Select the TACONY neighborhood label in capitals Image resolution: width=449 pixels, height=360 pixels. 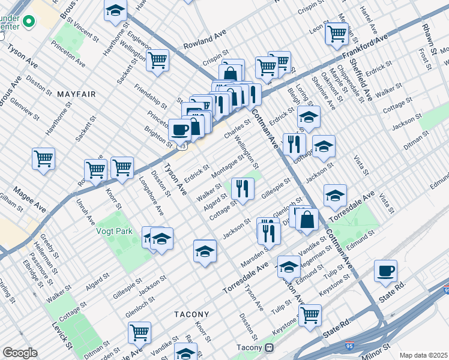click(191, 314)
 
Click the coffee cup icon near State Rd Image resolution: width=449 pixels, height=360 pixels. click(385, 270)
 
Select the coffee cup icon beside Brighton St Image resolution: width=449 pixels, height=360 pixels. click(179, 129)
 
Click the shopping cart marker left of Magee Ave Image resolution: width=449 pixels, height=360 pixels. click(43, 158)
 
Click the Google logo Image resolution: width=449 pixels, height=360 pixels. click(20, 353)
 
